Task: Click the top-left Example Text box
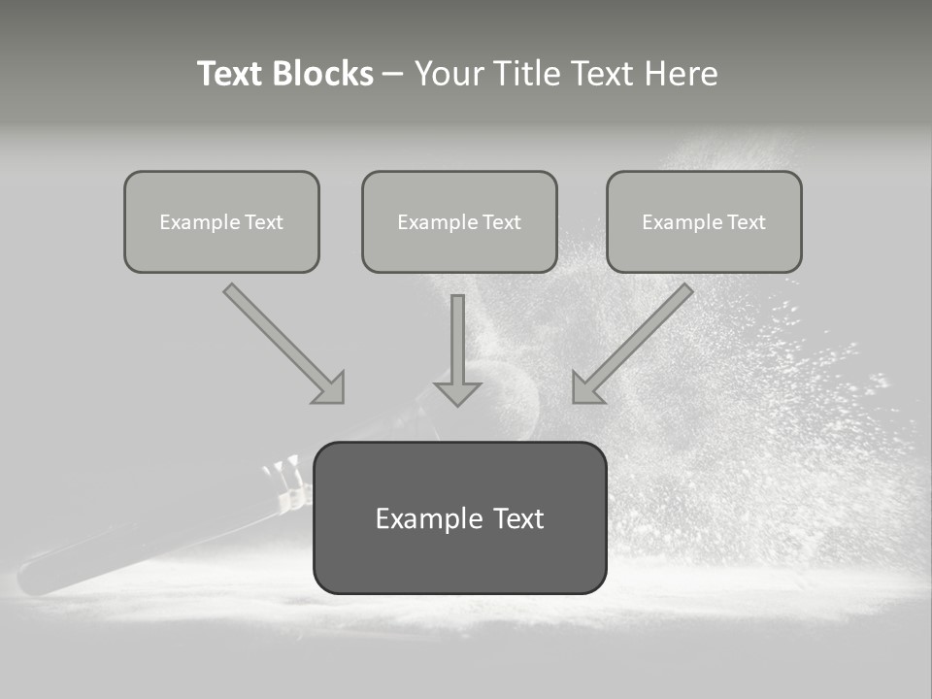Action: [221, 221]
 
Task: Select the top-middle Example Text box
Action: [459, 221]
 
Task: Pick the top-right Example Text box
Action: [704, 221]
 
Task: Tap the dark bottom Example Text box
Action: [459, 517]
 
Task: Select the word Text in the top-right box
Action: [746, 222]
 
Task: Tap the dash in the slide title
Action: [393, 75]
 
